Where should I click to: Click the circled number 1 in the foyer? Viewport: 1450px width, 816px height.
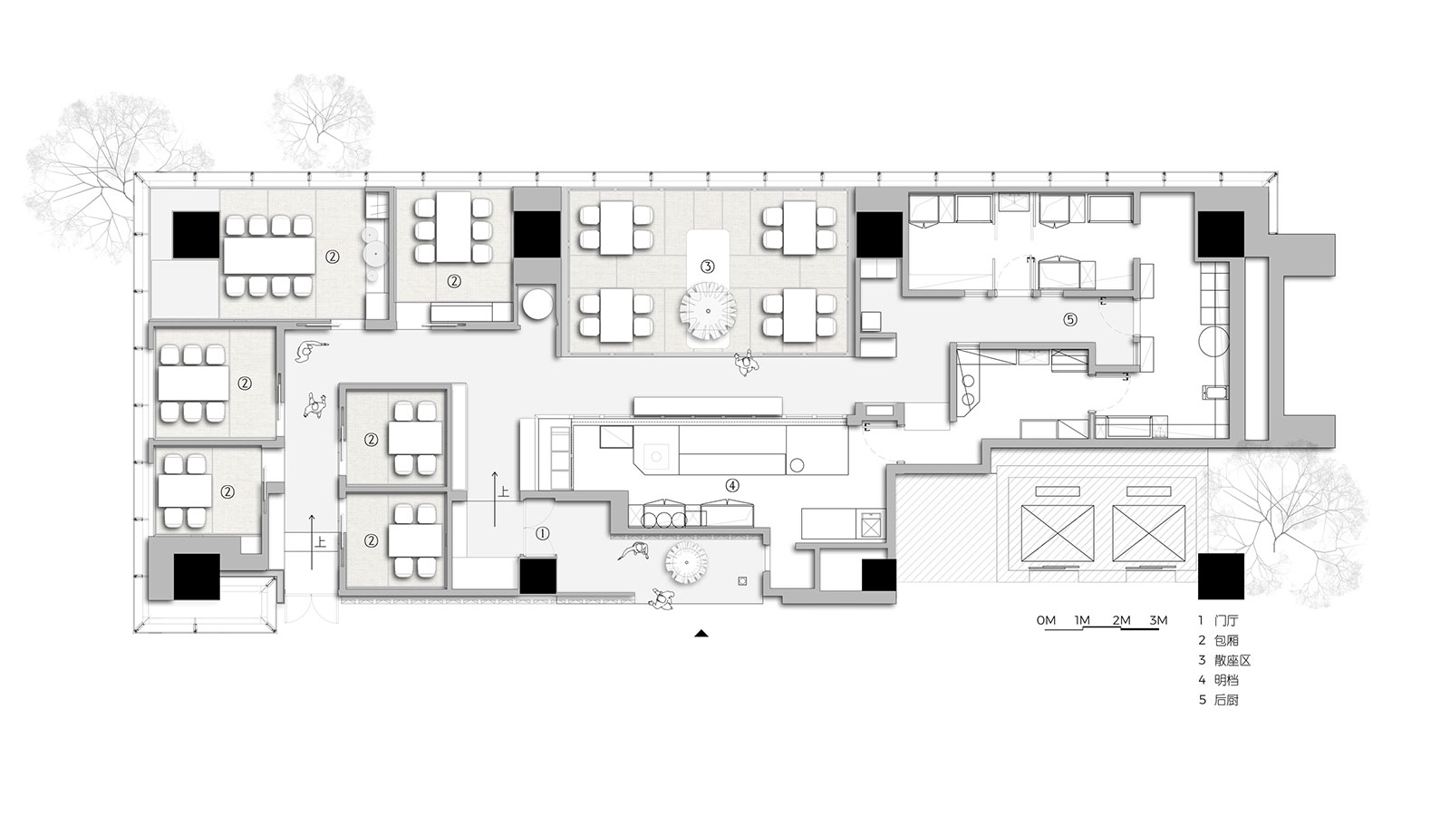tap(543, 534)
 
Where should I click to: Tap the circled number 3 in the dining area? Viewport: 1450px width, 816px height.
tap(707, 267)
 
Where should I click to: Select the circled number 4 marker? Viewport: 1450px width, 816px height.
tap(732, 485)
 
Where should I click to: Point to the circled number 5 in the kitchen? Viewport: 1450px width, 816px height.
tap(1070, 319)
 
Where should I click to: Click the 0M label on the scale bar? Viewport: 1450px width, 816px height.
tap(1046, 620)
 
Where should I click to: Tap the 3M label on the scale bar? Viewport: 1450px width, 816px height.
tap(1158, 620)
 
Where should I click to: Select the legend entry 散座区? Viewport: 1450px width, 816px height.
tap(1232, 661)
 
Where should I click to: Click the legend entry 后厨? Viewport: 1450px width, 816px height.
tap(1227, 700)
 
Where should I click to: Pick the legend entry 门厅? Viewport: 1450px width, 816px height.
tap(1227, 621)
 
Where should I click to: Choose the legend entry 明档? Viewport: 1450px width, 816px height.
tap(1227, 680)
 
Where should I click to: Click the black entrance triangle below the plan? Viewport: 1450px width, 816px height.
tap(701, 634)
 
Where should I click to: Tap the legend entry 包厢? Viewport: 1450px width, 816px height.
tap(1227, 640)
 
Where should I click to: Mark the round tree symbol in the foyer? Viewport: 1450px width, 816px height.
tap(688, 566)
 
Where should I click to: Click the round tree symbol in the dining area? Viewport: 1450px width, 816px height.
tap(708, 312)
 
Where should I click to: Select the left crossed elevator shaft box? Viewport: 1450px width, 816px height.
tap(1057, 534)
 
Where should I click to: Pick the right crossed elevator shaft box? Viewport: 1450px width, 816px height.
tap(1149, 534)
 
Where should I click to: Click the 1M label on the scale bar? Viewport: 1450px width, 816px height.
tap(1082, 620)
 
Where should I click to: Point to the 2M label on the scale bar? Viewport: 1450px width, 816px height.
tap(1121, 620)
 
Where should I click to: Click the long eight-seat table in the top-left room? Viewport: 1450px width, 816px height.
tap(269, 255)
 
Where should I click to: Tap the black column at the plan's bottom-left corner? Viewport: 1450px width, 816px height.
tap(196, 577)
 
